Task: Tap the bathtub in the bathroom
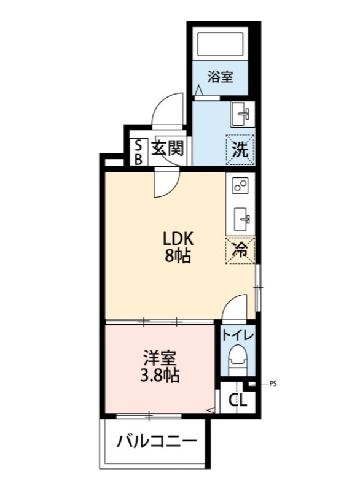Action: pyautogui.click(x=221, y=44)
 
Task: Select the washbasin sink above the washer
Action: pyautogui.click(x=242, y=114)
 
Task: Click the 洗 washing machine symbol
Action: pyautogui.click(x=240, y=150)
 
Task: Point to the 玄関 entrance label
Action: pyautogui.click(x=167, y=148)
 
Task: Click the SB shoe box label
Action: pyautogui.click(x=138, y=152)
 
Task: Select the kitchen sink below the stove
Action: pyautogui.click(x=242, y=219)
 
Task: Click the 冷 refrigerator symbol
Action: pyautogui.click(x=240, y=250)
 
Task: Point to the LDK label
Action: pyautogui.click(x=178, y=239)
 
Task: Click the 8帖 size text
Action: pyautogui.click(x=178, y=256)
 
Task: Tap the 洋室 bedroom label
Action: pyautogui.click(x=159, y=358)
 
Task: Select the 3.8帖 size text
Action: pyautogui.click(x=159, y=375)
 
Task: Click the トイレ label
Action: pyautogui.click(x=238, y=335)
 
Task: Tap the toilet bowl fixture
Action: pyautogui.click(x=238, y=360)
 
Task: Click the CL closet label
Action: pyautogui.click(x=238, y=400)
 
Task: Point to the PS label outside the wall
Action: pyautogui.click(x=273, y=384)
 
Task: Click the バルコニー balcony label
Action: pyautogui.click(x=157, y=441)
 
